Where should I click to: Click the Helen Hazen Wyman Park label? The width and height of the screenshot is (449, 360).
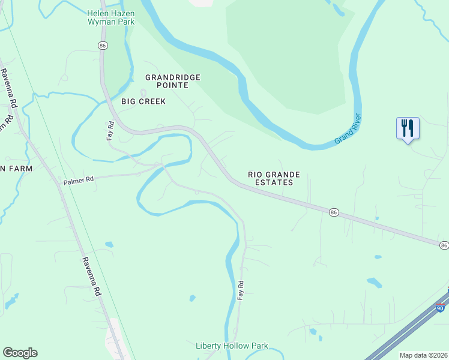click(x=111, y=17)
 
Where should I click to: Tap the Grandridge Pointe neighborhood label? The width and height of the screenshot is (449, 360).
click(x=173, y=81)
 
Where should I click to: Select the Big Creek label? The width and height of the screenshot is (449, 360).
click(x=143, y=101)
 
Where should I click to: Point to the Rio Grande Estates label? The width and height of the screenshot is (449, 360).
click(x=274, y=178)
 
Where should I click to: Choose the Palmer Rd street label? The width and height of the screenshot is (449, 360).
click(x=79, y=179)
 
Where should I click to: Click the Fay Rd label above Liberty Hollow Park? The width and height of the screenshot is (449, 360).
click(x=241, y=290)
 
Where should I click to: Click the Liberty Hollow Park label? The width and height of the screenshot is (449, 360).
click(x=232, y=346)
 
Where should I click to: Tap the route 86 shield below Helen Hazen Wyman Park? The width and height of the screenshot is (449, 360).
click(x=103, y=46)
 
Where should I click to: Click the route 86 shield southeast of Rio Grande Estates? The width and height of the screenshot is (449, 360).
click(x=333, y=212)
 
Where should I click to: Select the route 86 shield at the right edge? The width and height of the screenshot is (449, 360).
click(x=444, y=245)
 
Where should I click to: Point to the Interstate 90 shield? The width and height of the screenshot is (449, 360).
click(x=440, y=308)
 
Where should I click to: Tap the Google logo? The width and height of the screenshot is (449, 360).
click(x=20, y=353)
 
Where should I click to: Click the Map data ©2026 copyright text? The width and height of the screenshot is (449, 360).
click(x=423, y=355)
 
